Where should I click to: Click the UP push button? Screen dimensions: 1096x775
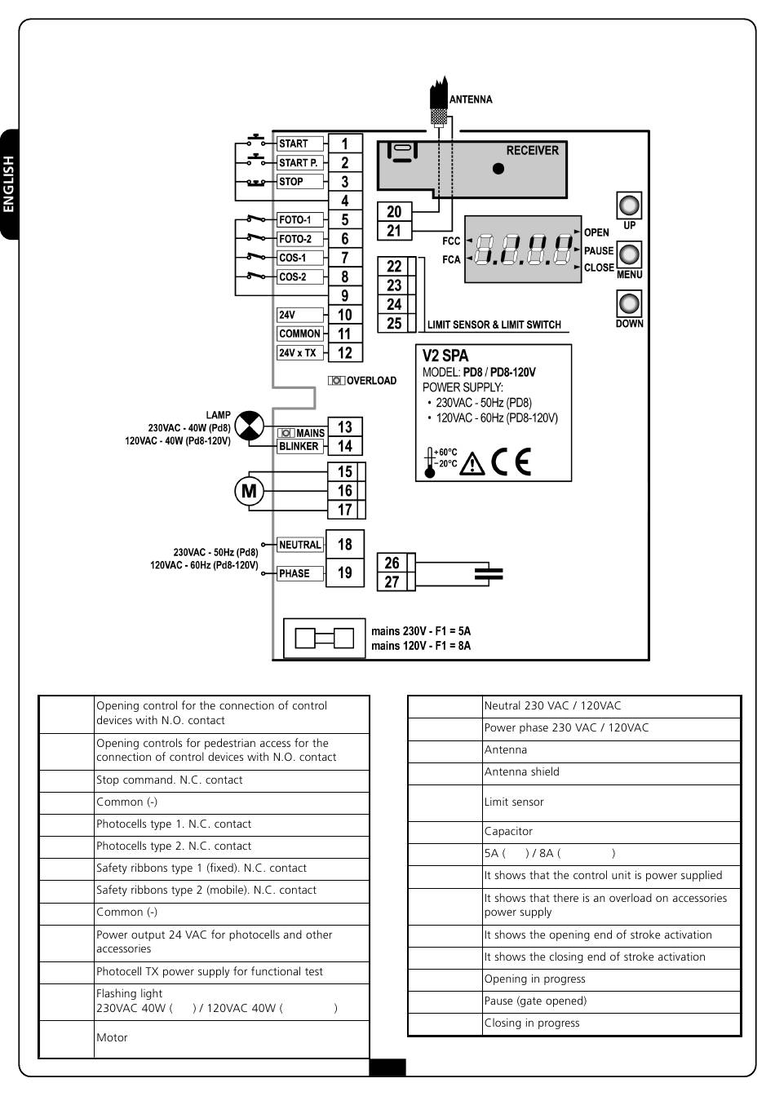pyautogui.click(x=628, y=205)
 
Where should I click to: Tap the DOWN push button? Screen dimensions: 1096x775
pyautogui.click(x=628, y=304)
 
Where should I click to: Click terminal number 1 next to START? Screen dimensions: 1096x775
pyautogui.click(x=345, y=144)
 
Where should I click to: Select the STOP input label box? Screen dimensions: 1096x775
pyautogui.click(x=300, y=182)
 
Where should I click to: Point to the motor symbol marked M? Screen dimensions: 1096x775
pyautogui.click(x=250, y=491)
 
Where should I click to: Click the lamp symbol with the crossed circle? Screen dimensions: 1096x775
pyautogui.click(x=250, y=426)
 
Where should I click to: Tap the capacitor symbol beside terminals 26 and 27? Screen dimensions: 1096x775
pyautogui.click(x=488, y=573)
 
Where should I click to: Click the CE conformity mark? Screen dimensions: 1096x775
pyautogui.click(x=511, y=462)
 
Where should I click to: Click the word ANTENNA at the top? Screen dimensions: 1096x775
pyautogui.click(x=471, y=99)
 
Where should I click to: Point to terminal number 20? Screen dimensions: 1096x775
pyautogui.click(x=394, y=212)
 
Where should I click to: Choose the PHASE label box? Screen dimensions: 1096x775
pyautogui.click(x=300, y=573)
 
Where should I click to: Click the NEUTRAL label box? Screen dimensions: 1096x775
pyautogui.click(x=300, y=545)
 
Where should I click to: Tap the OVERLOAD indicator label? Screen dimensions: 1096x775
pyautogui.click(x=363, y=381)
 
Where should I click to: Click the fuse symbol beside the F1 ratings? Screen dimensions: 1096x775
pyautogui.click(x=324, y=638)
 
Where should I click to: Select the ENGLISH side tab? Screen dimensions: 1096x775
pyautogui.click(x=9, y=184)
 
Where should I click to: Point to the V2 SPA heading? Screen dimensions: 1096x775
pyautogui.click(x=445, y=356)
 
